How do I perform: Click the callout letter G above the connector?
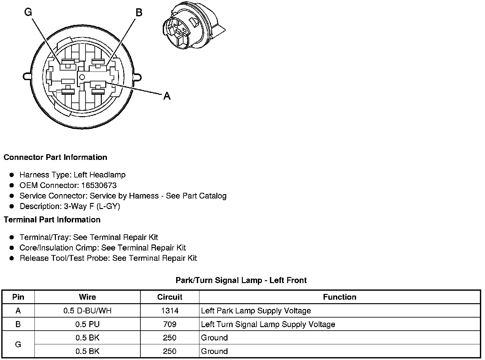click(28, 12)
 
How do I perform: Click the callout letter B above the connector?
click(139, 13)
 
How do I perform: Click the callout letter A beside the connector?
click(167, 96)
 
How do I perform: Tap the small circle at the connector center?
click(82, 77)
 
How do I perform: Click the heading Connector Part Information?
click(55, 157)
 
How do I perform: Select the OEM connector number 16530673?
click(99, 185)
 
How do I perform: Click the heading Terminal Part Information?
click(52, 220)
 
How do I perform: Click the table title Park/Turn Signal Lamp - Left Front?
click(241, 281)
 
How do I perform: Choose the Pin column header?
click(18, 297)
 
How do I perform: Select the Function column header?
click(339, 297)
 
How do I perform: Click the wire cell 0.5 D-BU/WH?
click(87, 311)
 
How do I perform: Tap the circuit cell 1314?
click(170, 311)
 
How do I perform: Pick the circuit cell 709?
click(170, 325)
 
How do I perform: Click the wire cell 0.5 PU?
click(87, 325)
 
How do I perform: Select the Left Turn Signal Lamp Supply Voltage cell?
click(268, 325)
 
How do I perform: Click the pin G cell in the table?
click(18, 345)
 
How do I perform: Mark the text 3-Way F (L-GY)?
click(92, 206)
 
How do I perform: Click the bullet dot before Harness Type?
click(12, 175)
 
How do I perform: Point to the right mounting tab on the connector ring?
click(138, 77)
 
